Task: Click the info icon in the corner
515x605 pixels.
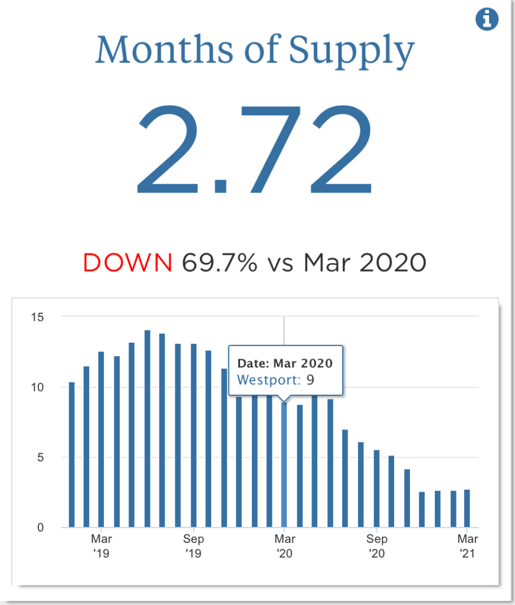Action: [487, 20]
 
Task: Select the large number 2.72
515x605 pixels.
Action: [255, 150]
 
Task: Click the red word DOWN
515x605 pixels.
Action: [127, 262]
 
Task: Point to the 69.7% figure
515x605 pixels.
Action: [219, 262]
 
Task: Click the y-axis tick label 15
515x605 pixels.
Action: [37, 317]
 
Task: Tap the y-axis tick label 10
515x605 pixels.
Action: [37, 388]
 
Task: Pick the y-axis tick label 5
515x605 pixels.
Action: [40, 457]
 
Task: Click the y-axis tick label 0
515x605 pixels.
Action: [40, 528]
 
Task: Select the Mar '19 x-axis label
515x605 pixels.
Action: [101, 546]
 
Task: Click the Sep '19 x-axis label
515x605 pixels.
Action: [193, 546]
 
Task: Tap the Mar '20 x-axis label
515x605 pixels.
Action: [285, 546]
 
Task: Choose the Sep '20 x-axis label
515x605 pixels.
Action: [377, 546]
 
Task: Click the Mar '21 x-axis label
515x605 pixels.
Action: [468, 546]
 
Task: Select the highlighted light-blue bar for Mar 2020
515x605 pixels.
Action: [284, 467]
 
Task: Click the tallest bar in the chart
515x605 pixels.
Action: [147, 428]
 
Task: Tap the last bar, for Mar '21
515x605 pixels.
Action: [467, 509]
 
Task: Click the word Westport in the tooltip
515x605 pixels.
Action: [269, 379]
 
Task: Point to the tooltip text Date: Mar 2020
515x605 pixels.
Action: [285, 363]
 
